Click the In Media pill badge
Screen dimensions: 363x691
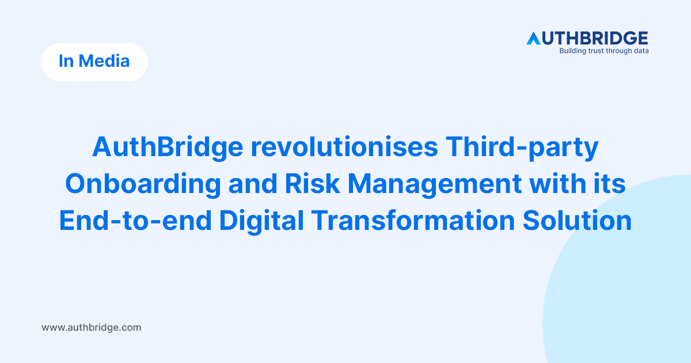[x=94, y=62]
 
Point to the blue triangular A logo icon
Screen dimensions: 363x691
[x=534, y=39]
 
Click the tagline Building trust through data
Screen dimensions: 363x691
[x=604, y=51]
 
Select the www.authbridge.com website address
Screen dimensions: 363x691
[x=91, y=327]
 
